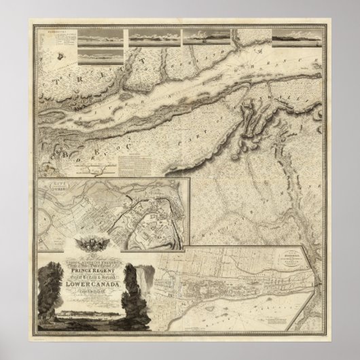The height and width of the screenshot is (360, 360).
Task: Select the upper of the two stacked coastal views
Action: tap(101, 35)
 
